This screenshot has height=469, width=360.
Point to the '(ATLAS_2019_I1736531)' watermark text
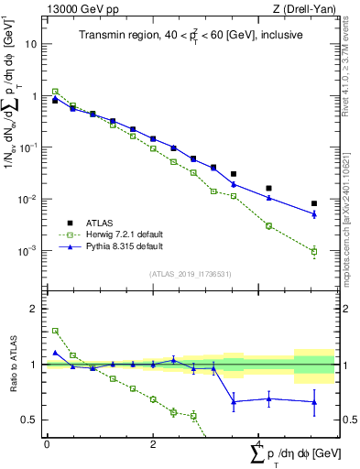(x=191, y=273)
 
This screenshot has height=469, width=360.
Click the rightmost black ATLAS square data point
(x=314, y=203)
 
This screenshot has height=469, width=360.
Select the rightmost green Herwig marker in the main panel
(x=314, y=252)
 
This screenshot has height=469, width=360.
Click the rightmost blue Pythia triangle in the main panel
(x=314, y=214)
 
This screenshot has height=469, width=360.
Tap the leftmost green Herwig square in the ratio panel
(x=55, y=331)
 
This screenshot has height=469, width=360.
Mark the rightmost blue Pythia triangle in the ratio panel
(x=314, y=401)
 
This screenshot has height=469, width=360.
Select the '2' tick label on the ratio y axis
(x=36, y=309)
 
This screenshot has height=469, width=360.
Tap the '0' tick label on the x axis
(x=47, y=443)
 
